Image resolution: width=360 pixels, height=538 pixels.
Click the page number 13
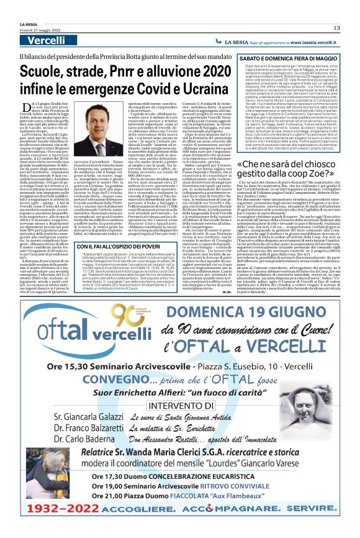[336, 28]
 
